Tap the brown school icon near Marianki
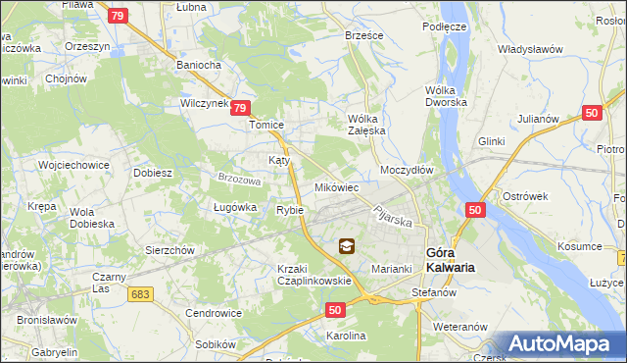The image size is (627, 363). pos(347,247)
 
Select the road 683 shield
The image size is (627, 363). pos(141,293)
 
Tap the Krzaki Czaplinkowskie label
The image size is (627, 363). pos(313,275)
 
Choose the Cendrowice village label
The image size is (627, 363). pos(214,313)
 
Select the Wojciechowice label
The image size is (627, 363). pos(72,164)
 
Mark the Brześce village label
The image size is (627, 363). pos(363,34)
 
